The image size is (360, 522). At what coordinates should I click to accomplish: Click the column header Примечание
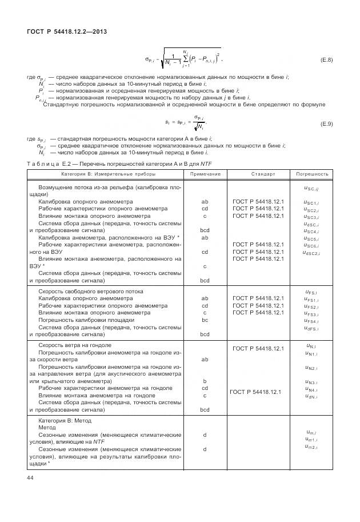[205, 173]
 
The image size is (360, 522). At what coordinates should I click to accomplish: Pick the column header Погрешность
[312, 173]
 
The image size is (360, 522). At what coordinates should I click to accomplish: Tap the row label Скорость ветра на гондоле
[75, 345]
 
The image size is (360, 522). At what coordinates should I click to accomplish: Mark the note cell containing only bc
[205, 321]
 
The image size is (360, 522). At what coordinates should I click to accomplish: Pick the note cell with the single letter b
[205, 380]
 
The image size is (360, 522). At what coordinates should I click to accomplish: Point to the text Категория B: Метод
[69, 420]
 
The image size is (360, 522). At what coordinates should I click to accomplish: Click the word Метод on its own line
[47, 427]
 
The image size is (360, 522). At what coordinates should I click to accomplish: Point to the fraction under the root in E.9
[196, 123]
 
